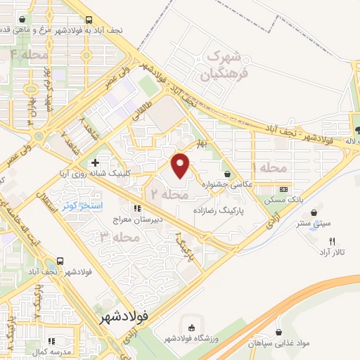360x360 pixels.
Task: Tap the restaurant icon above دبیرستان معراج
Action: click(x=138, y=208)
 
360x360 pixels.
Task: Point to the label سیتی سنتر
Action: click(x=314, y=224)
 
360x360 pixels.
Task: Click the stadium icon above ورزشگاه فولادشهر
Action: click(x=191, y=327)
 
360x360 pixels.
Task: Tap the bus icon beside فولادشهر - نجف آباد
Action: click(x=61, y=259)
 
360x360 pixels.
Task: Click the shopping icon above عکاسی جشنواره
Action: click(x=227, y=174)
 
